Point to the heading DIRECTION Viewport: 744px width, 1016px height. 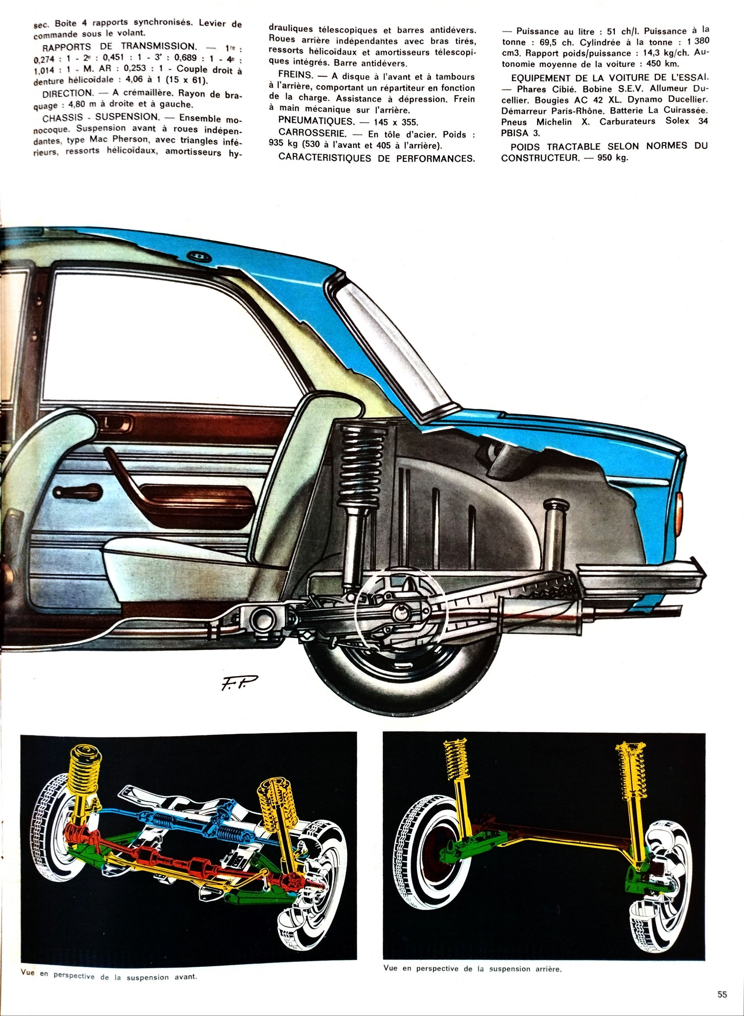67,93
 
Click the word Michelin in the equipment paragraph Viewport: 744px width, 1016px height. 554,122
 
